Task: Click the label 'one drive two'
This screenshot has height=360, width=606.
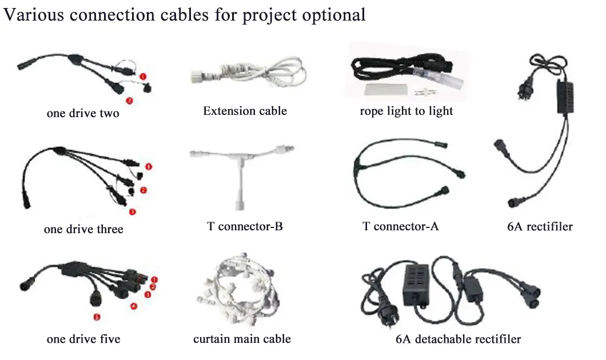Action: coord(83,113)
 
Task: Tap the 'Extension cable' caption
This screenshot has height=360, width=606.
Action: coord(245,111)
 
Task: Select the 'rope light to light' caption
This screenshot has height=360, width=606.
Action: coord(406,111)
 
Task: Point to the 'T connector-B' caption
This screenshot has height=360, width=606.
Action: coord(245,227)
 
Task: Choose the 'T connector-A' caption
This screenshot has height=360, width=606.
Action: coord(401,227)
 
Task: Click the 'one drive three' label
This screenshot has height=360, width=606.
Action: coord(83,229)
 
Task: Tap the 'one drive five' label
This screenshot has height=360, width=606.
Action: coord(83,339)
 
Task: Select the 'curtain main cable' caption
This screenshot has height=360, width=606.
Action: coord(242,339)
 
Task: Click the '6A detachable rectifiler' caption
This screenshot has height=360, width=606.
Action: coord(458,339)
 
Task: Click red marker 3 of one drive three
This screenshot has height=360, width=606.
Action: coord(133,212)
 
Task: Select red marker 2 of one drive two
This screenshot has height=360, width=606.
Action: coord(130,101)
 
